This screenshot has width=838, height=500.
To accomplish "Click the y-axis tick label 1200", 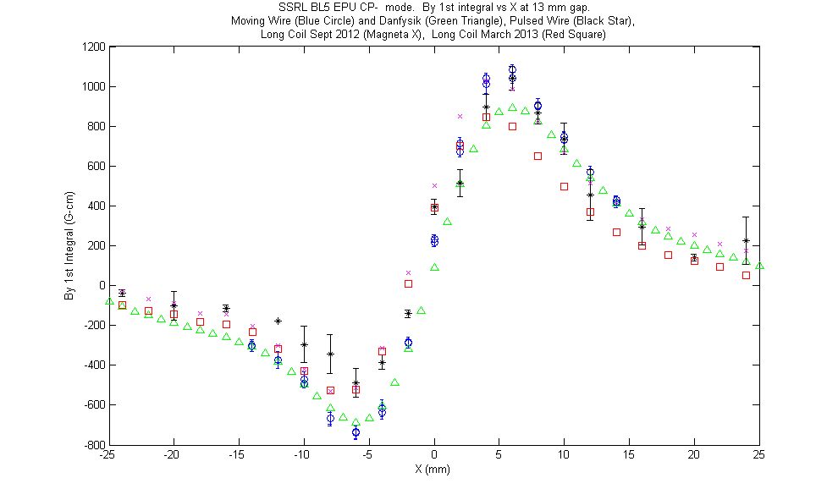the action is (93, 47).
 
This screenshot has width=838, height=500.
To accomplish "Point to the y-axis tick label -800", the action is (95, 444).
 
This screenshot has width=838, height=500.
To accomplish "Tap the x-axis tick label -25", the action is (108, 455).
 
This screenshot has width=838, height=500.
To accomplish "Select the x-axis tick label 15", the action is (628, 455).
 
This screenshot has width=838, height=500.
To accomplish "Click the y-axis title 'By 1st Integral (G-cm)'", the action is (69, 245).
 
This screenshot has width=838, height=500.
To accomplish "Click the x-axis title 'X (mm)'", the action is (433, 470).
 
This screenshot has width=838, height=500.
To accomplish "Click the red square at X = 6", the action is (512, 127).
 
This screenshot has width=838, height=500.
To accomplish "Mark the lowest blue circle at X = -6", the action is (356, 432).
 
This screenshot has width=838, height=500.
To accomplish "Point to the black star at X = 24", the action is (746, 241).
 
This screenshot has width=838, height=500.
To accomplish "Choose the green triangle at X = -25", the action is (109, 301).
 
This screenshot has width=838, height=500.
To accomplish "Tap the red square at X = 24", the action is (746, 276).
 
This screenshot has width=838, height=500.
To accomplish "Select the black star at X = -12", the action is (278, 321).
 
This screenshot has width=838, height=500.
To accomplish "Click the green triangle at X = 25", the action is (759, 266).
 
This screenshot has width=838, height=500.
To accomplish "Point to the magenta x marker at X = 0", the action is (434, 186).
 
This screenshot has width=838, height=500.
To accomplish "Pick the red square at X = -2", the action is (408, 284).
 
